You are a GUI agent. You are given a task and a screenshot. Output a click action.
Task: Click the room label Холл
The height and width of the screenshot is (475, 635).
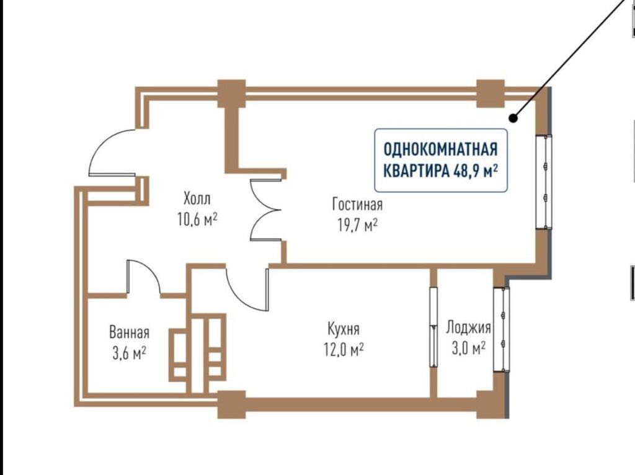197,199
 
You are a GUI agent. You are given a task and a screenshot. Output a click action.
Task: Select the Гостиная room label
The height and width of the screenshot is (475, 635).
357,204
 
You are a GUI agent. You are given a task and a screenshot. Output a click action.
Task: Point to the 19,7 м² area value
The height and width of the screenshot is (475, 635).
358,225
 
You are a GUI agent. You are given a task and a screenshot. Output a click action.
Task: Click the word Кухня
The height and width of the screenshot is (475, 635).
344,329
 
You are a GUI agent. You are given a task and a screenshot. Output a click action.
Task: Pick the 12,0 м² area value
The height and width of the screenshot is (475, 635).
344,349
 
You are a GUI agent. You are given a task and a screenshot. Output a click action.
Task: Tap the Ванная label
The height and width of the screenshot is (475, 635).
129,332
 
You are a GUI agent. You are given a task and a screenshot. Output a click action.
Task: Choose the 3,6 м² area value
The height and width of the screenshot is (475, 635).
129,353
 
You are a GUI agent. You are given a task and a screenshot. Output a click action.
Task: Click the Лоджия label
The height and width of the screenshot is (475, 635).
469,327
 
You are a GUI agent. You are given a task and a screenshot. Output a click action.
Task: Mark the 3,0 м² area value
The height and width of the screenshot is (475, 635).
469,348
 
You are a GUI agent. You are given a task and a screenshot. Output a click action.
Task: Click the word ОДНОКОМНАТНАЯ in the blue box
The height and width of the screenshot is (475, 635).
440,149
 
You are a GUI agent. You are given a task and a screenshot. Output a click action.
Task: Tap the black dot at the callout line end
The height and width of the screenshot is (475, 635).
513,118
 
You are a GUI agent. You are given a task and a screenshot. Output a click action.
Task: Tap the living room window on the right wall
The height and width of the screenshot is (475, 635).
544,182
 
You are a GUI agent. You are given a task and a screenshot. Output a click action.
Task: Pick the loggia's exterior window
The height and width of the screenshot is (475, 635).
501,329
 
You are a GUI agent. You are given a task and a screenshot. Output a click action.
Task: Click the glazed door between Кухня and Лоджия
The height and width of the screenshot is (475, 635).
433,327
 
